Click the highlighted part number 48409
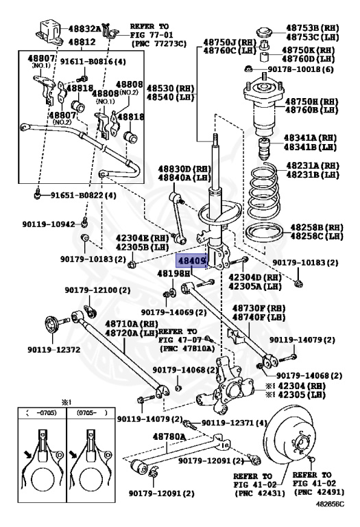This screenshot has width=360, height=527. pyautogui.click(x=192, y=261)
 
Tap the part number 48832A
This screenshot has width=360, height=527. pyautogui.click(x=84, y=29)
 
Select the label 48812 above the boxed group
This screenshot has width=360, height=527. pyautogui.click(x=82, y=42)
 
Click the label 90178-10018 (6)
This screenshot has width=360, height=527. pyautogui.click(x=300, y=69)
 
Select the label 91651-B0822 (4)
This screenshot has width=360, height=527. pyautogui.click(x=83, y=196)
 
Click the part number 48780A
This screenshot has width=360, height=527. pyautogui.click(x=169, y=436)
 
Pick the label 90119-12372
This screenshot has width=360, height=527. pyautogui.click(x=53, y=350)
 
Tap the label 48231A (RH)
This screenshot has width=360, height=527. pyautogui.click(x=312, y=165)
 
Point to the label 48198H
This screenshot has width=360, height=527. pyautogui.click(x=173, y=274)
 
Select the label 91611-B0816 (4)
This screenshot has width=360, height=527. pyautogui.click(x=93, y=62)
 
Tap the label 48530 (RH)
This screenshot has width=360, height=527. pyautogui.click(x=170, y=89)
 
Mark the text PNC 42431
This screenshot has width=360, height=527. pyautogui.click(x=260, y=493)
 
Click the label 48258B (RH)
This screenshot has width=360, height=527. pyautogui.click(x=317, y=227)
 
